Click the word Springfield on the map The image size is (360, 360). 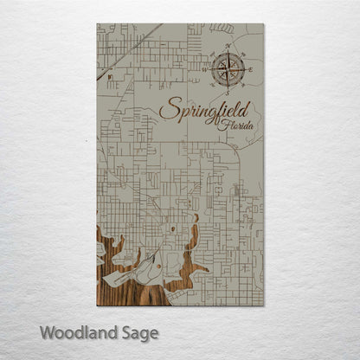click(204, 112)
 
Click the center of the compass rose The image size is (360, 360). click(229, 68)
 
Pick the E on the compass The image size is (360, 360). click(250, 68)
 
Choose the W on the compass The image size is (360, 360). click(209, 68)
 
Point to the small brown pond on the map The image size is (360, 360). click(173, 228)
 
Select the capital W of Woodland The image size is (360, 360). click(47, 332)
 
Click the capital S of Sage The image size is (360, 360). click(123, 332)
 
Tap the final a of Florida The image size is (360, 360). click(253, 128)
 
